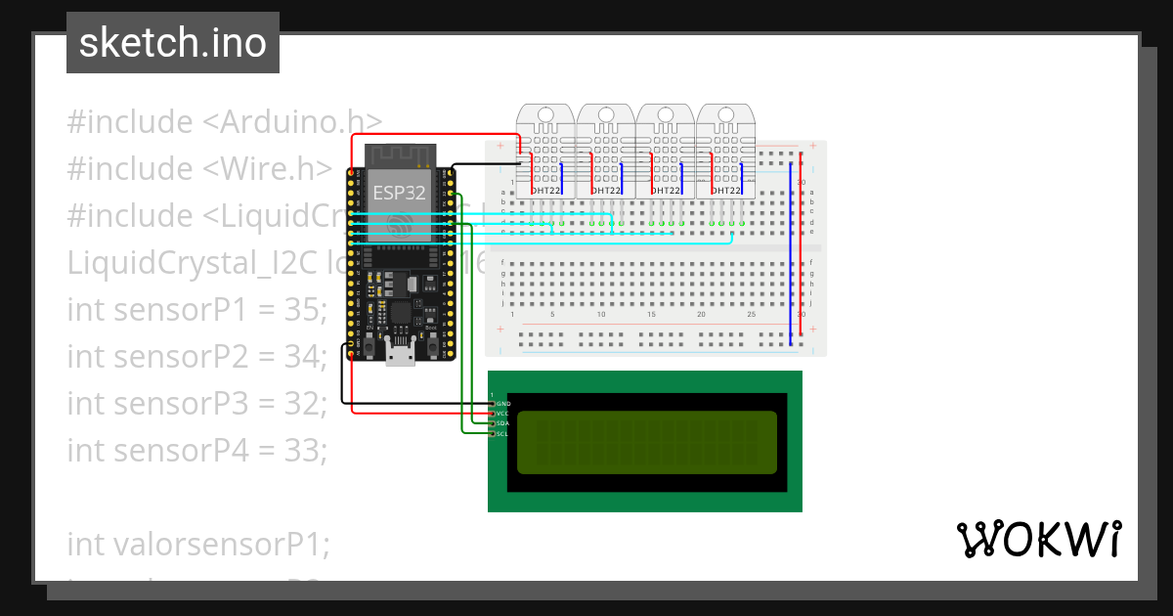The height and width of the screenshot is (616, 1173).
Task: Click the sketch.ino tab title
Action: [x=173, y=43]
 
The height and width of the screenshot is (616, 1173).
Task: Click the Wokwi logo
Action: [x=1037, y=540]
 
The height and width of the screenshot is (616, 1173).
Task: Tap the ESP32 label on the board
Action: [x=400, y=193]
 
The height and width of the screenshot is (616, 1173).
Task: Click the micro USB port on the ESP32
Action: [x=399, y=355]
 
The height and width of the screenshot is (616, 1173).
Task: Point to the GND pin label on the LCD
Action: [x=503, y=403]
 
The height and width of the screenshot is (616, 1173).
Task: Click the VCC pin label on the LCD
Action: [x=503, y=414]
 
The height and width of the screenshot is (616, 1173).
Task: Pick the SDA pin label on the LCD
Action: [x=503, y=423]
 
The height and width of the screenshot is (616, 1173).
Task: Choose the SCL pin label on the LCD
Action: [x=503, y=433]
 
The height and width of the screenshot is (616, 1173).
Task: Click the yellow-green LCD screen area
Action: [x=646, y=442]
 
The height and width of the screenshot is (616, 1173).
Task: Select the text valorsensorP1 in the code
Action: [x=198, y=544]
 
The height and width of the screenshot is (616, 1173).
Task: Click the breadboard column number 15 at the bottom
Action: [x=651, y=315]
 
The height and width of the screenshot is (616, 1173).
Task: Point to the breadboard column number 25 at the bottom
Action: [x=751, y=315]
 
